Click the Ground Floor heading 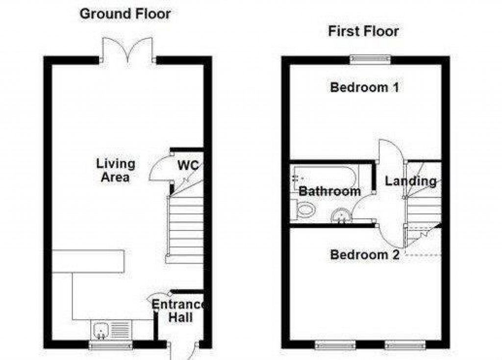[x=125, y=14]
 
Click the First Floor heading [x=363, y=31]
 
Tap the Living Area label [x=116, y=170]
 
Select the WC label [x=188, y=165]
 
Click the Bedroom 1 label [x=364, y=88]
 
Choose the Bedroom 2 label [x=364, y=255]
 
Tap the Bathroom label [x=329, y=191]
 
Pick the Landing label [x=410, y=181]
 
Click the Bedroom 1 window [x=371, y=59]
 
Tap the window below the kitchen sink [x=110, y=345]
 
